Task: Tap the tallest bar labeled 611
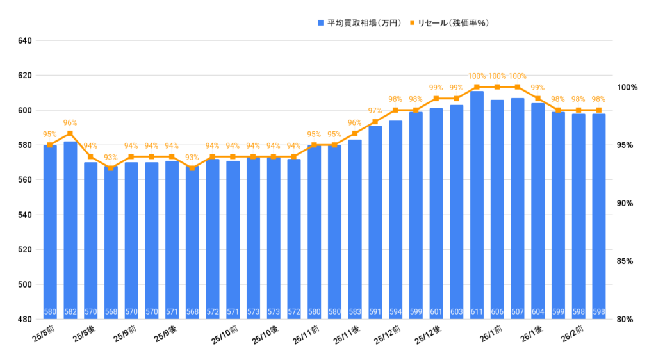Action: coord(477,205)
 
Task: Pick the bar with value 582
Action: coord(70,231)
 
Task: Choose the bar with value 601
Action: coord(436,214)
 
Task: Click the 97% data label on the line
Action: coord(375,111)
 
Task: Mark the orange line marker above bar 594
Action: coord(395,110)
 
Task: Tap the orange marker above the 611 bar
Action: coord(477,86)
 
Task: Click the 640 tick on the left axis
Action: coord(25,41)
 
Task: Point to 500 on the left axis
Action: coord(25,284)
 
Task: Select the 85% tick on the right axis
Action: coord(627,261)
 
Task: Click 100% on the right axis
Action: coord(627,87)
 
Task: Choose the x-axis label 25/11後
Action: coord(347,334)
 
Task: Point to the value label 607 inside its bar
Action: coord(518,312)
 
